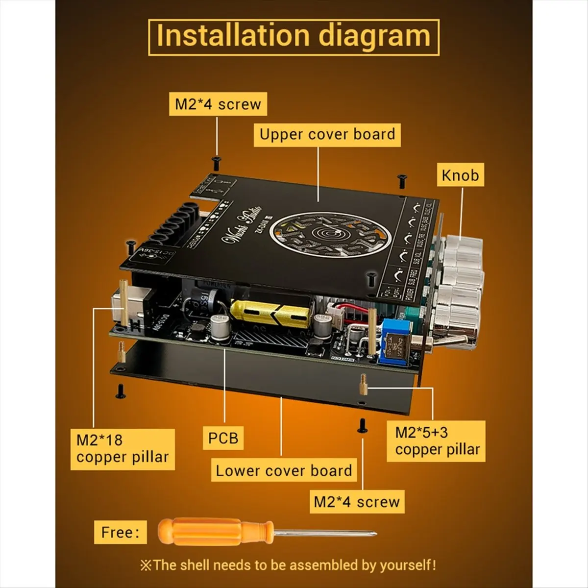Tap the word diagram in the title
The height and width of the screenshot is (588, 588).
[x=374, y=36]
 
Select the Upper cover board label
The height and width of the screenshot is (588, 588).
[x=327, y=134]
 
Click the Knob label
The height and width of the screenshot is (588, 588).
[x=460, y=174]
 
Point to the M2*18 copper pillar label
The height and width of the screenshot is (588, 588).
[x=122, y=449]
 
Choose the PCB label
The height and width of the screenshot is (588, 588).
[x=223, y=437]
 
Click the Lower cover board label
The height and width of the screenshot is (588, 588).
[x=284, y=470]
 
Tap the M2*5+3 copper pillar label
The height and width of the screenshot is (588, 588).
[x=437, y=441]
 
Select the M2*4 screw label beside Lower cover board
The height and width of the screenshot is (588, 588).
[x=357, y=502]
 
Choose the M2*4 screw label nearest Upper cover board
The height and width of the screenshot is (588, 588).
[x=218, y=104]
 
